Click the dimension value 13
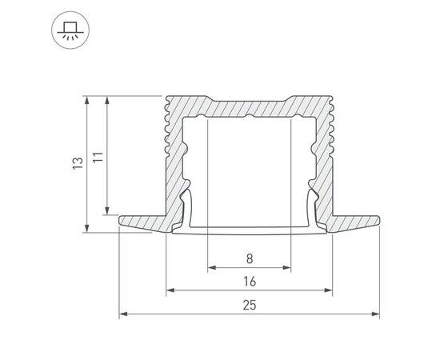pos(78,162)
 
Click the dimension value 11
pos(98,158)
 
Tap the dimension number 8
pos(250,258)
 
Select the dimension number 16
pos(250,282)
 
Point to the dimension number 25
pos(250,306)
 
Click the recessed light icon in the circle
pos(70,30)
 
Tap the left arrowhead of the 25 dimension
pos(123,314)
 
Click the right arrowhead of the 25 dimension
pos(376,314)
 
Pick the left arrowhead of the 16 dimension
pos(170,290)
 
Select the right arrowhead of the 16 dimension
pos(328,290)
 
